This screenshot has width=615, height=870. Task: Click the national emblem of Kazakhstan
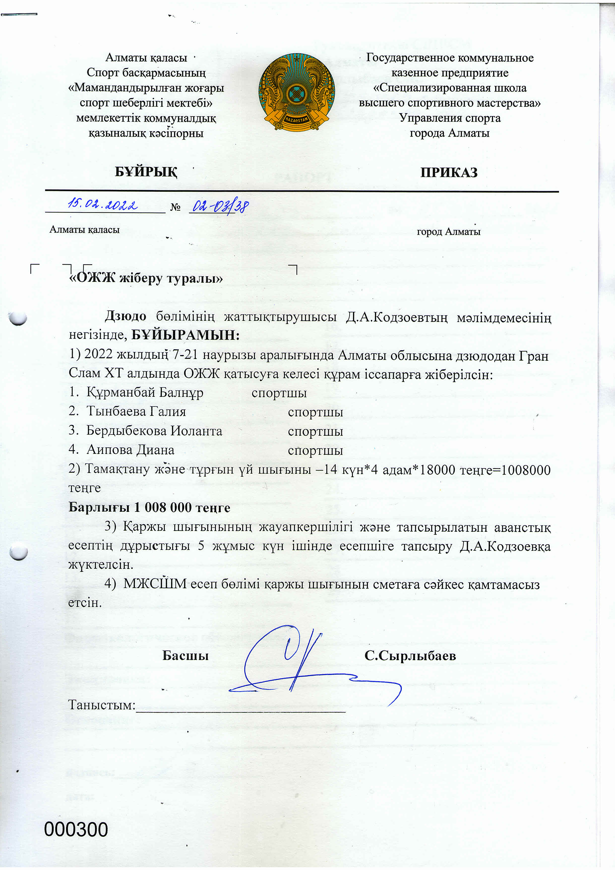click(297, 92)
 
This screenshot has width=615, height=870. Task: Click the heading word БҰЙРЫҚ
click(146, 172)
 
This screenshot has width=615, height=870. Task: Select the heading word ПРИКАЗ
click(449, 172)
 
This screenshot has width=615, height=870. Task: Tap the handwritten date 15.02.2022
click(102, 205)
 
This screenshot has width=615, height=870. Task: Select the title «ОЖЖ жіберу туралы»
click(146, 279)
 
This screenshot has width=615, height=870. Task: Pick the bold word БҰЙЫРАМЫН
click(185, 335)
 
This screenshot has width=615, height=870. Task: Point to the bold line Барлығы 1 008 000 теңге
click(149, 507)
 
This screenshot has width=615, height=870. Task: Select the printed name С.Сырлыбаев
click(410, 655)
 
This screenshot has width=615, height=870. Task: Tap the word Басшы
click(185, 655)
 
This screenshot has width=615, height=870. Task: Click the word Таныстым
click(101, 705)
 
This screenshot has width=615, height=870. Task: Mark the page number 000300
click(76, 830)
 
